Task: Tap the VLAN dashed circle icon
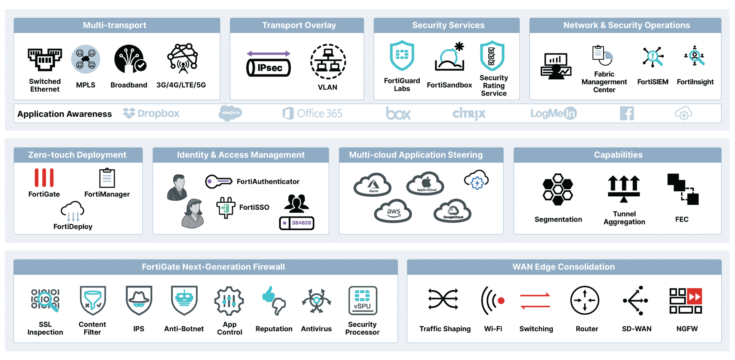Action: click(x=328, y=61)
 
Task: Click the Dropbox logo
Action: click(x=151, y=113)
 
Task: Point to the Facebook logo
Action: click(x=627, y=113)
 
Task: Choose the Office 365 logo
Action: click(x=312, y=113)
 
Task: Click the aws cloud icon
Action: click(x=393, y=212)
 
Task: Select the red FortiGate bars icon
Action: click(x=44, y=177)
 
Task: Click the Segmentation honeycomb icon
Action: click(x=557, y=190)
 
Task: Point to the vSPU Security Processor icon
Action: click(x=362, y=300)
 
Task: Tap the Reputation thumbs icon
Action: click(x=274, y=300)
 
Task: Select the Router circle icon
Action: click(x=585, y=300)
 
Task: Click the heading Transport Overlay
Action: click(x=299, y=25)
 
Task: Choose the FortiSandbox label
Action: click(x=449, y=85)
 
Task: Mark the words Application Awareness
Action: click(x=65, y=114)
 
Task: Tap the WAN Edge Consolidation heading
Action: click(x=563, y=267)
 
